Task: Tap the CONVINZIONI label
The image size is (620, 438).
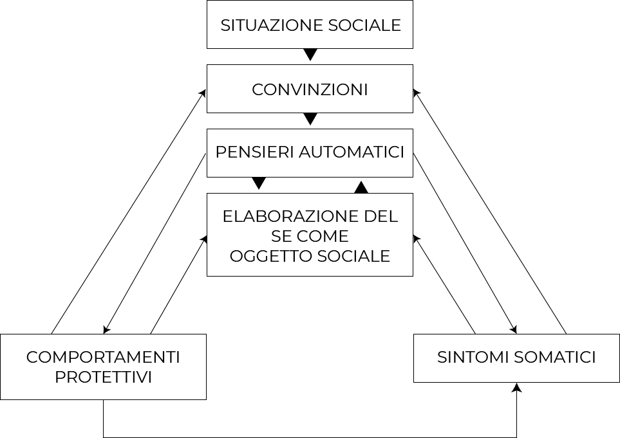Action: coord(310,89)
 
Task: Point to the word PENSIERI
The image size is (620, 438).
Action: coord(255,152)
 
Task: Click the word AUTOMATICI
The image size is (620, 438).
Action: coord(352,152)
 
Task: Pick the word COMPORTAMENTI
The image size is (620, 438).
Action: coord(103,358)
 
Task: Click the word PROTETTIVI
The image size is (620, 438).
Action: coord(103,377)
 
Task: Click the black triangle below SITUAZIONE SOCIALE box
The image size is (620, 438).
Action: coord(310,55)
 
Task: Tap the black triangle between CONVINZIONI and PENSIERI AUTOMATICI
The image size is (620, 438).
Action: coord(310,119)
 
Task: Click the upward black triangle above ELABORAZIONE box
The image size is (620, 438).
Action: coord(361,187)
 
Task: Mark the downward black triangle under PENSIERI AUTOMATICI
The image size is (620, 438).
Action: coord(259,183)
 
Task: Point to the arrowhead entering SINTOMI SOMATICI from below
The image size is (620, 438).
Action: coord(516,387)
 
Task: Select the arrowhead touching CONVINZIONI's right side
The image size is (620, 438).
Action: coord(417,93)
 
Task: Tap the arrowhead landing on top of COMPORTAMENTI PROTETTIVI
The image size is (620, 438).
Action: coord(107,329)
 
